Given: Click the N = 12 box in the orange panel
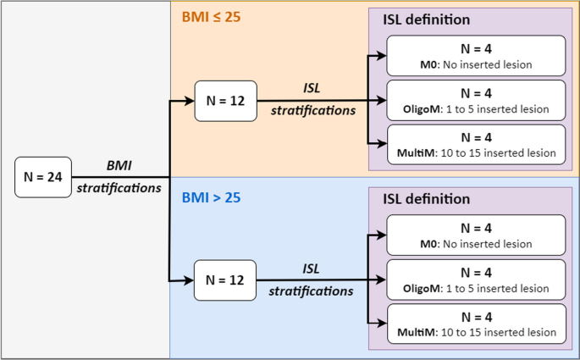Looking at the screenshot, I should [224, 101].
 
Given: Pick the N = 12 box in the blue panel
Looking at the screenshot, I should [224, 280].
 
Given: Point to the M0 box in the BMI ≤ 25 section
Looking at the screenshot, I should [476, 56].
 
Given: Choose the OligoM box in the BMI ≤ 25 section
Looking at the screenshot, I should [476, 101].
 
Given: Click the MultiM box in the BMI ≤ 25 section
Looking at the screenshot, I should [476, 145].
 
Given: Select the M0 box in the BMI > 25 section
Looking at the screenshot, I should [476, 235].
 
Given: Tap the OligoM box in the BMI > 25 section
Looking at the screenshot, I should [476, 280].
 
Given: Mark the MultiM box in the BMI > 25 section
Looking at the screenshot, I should [476, 324].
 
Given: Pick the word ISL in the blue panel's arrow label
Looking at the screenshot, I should [311, 269].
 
